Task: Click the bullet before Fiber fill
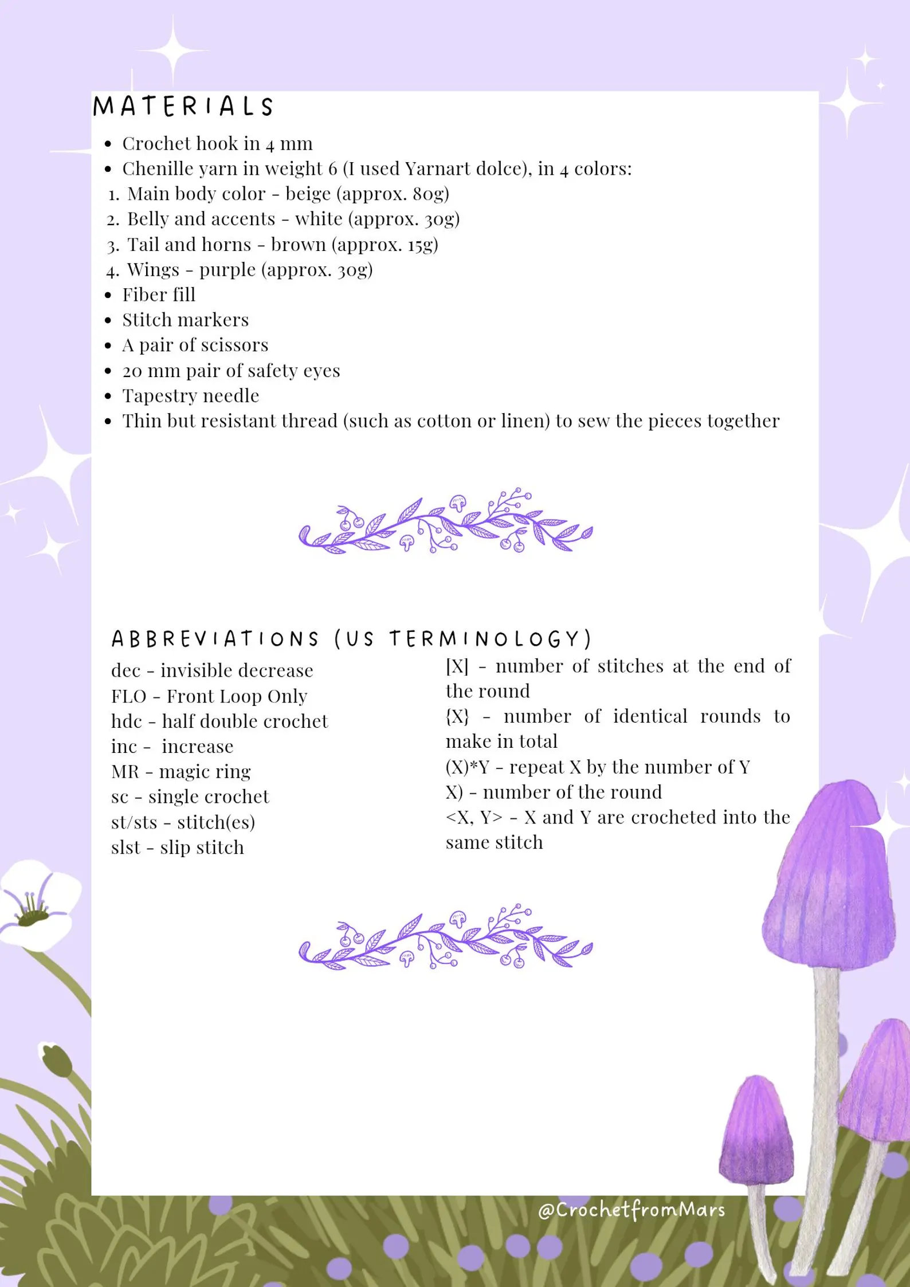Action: (108, 295)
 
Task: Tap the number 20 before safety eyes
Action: (132, 371)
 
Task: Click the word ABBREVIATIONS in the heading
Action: (215, 639)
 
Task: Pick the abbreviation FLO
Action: (128, 696)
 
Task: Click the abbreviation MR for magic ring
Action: (125, 772)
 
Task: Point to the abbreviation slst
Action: (125, 847)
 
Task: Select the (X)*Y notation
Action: (468, 767)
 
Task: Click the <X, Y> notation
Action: (474, 817)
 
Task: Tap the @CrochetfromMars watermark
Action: (631, 1210)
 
